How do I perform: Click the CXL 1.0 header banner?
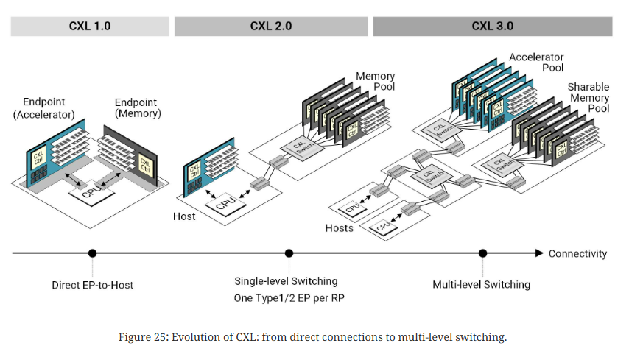[90, 27]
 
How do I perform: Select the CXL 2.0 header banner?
[271, 27]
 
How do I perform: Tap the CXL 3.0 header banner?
[492, 27]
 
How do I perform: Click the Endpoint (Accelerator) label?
[49, 107]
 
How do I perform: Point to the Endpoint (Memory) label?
[138, 107]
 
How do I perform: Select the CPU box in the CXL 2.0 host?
[226, 200]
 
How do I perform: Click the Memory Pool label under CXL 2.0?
[376, 81]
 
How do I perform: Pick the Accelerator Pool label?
[536, 63]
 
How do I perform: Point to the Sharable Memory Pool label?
[588, 98]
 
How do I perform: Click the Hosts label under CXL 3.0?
[339, 228]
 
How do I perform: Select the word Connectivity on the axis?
[577, 253]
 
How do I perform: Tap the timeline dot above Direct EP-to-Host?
[92, 253]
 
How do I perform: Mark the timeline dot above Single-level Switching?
[289, 253]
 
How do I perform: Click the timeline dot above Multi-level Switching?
[482, 253]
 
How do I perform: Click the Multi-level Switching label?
[481, 284]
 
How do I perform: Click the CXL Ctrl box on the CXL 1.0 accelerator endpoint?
[38, 158]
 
